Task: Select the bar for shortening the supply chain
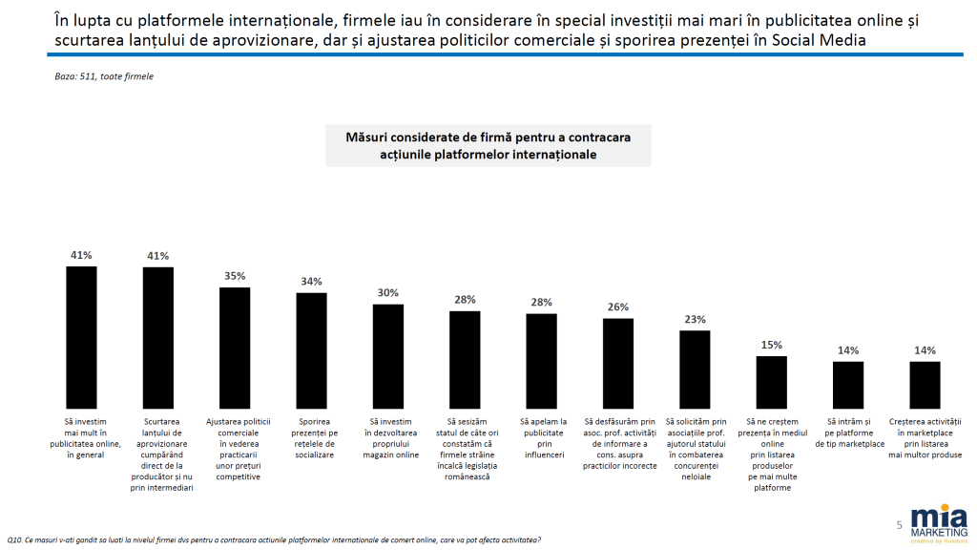pyautogui.click(x=157, y=338)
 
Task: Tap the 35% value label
pyautogui.click(x=235, y=275)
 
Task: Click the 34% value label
pyautogui.click(x=311, y=281)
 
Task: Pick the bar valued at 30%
pyautogui.click(x=388, y=356)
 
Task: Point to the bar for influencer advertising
pyautogui.click(x=542, y=361)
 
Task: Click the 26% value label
pyautogui.click(x=618, y=307)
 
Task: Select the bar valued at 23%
pyautogui.click(x=695, y=370)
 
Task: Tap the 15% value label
pyautogui.click(x=771, y=344)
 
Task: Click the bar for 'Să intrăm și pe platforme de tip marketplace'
pyautogui.click(x=848, y=384)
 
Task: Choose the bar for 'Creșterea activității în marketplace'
pyautogui.click(x=925, y=384)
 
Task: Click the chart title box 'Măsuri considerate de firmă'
pyautogui.click(x=487, y=145)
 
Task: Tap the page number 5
pyautogui.click(x=899, y=525)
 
